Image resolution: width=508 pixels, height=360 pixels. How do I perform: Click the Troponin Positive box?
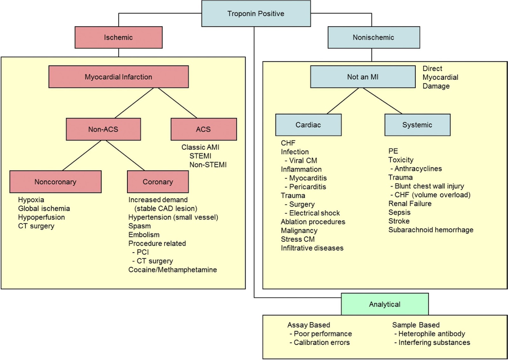pyautogui.click(x=256, y=14)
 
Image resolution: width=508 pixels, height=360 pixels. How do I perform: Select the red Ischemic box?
pyautogui.click(x=118, y=37)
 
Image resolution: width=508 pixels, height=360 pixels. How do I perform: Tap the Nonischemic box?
pyautogui.click(x=373, y=37)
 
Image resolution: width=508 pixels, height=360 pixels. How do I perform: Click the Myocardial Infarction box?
pyautogui.click(x=118, y=77)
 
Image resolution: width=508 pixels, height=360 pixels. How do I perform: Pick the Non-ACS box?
pyautogui.click(x=103, y=129)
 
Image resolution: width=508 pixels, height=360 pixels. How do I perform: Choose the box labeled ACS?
pyautogui.click(x=204, y=129)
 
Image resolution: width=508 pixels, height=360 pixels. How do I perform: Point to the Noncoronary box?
pyautogui.click(x=55, y=182)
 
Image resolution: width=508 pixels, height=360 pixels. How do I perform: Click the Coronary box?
pyautogui.click(x=158, y=182)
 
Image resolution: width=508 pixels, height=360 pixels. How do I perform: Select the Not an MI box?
pyautogui.click(x=363, y=77)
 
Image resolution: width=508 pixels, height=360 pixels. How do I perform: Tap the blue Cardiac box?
pyautogui.click(x=308, y=125)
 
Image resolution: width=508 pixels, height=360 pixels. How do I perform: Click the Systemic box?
pyautogui.click(x=417, y=125)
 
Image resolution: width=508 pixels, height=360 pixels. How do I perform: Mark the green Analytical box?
pyautogui.click(x=384, y=304)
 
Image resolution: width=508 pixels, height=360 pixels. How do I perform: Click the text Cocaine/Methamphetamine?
pyautogui.click(x=172, y=270)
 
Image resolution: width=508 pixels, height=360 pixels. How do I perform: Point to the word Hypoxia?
pyautogui.click(x=31, y=200)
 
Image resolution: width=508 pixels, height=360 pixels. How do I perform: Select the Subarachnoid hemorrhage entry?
pyautogui.click(x=431, y=230)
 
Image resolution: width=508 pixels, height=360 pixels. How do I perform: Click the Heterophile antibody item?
pyautogui.click(x=431, y=334)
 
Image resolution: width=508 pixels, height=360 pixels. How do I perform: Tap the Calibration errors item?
pyautogui.click(x=321, y=343)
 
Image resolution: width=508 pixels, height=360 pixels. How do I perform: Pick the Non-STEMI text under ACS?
pyautogui.click(x=208, y=165)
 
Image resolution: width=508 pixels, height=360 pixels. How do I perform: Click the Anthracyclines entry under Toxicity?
pyautogui.click(x=418, y=169)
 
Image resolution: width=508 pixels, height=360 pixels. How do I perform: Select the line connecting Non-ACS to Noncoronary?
pyautogui.click(x=82, y=156)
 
